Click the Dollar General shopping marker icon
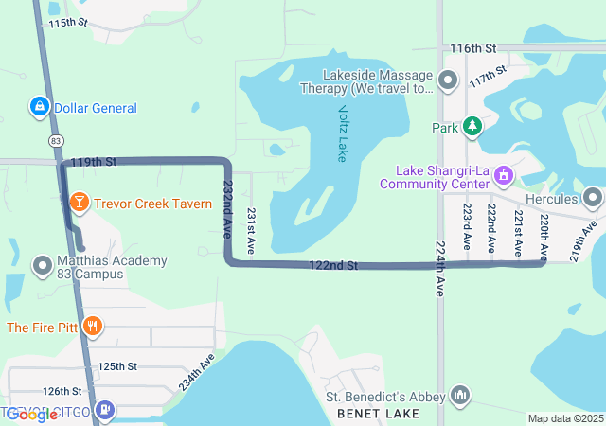tap(40, 108)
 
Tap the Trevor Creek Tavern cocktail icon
tap(79, 203)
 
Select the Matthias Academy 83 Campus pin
tap(42, 267)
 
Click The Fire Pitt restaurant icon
tap(92, 328)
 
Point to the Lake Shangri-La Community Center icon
tap(504, 175)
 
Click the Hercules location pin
tap(593, 199)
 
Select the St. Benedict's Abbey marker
tap(460, 394)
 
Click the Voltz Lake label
tap(342, 133)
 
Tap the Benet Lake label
tap(385, 415)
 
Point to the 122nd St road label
tap(332, 267)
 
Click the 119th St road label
tap(98, 162)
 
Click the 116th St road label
tap(473, 47)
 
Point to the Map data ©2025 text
tap(564, 418)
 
